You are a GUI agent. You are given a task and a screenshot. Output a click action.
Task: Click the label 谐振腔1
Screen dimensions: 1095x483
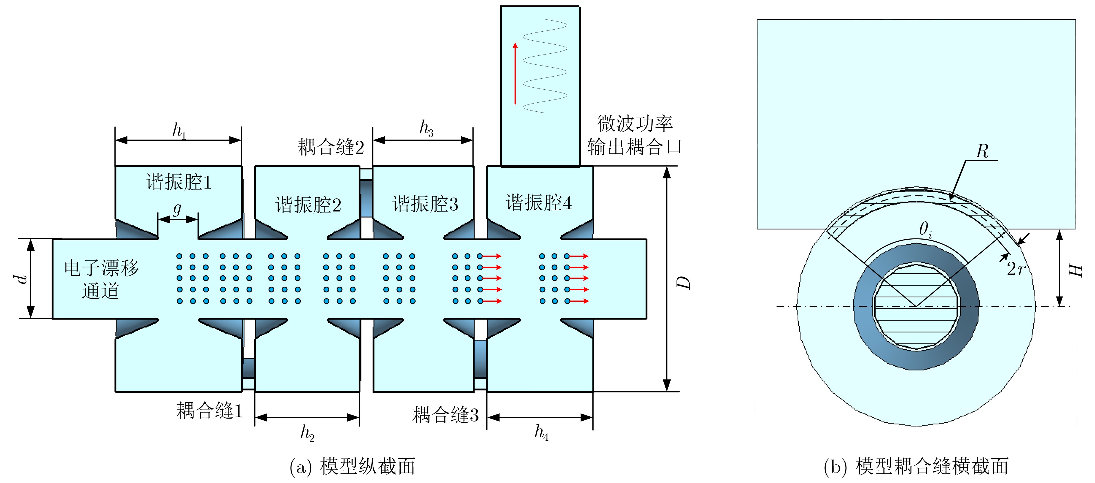[178, 182]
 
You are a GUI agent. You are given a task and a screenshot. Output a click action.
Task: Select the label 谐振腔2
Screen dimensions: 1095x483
[308, 205]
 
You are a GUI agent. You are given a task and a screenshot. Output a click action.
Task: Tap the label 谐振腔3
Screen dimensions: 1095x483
[425, 204]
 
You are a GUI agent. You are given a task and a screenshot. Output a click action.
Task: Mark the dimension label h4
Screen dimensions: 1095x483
[541, 432]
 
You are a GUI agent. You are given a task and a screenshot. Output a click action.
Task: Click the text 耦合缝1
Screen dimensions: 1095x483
[209, 411]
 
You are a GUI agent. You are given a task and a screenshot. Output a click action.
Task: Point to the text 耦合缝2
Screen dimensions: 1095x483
[331, 147]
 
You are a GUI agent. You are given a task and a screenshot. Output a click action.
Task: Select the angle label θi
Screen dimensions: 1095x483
[926, 229]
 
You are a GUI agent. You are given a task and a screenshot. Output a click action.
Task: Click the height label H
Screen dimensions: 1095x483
[1075, 271]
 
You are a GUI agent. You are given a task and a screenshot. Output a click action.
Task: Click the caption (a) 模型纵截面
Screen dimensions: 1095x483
[352, 467]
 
